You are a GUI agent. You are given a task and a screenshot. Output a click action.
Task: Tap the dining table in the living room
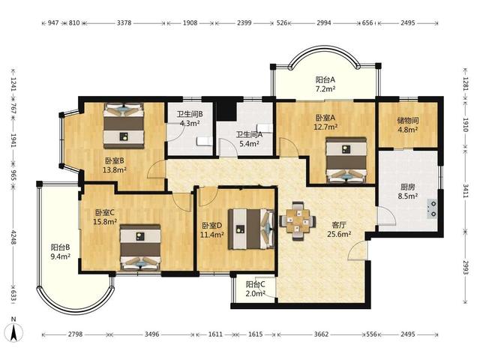tap(298, 220)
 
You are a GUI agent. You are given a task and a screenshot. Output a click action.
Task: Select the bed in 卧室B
tap(124, 126)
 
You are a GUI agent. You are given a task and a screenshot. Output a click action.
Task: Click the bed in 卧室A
tap(346, 160)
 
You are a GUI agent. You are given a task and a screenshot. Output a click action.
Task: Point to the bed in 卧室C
tap(140, 247)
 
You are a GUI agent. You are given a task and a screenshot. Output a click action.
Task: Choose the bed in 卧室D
tap(251, 229)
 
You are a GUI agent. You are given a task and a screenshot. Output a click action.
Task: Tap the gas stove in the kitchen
tap(433, 209)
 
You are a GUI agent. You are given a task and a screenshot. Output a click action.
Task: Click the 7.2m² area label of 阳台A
tap(325, 89)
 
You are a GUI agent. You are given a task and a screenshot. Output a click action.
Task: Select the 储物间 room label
tap(408, 121)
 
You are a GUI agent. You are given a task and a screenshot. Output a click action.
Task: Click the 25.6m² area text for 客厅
tap(339, 235)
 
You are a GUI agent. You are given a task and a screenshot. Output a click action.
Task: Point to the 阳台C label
tap(256, 284)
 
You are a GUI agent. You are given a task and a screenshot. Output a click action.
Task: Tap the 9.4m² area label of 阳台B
tap(61, 256)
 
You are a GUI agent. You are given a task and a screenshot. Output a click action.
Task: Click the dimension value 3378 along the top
tap(124, 22)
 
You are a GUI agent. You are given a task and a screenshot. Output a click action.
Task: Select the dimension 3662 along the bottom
tap(321, 334)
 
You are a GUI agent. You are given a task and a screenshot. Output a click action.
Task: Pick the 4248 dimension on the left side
tap(13, 237)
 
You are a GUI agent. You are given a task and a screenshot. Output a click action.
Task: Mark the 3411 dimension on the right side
tap(466, 190)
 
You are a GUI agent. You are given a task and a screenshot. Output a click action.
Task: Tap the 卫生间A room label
tap(249, 134)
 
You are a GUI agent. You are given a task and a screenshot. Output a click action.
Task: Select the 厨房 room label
tap(408, 187)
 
